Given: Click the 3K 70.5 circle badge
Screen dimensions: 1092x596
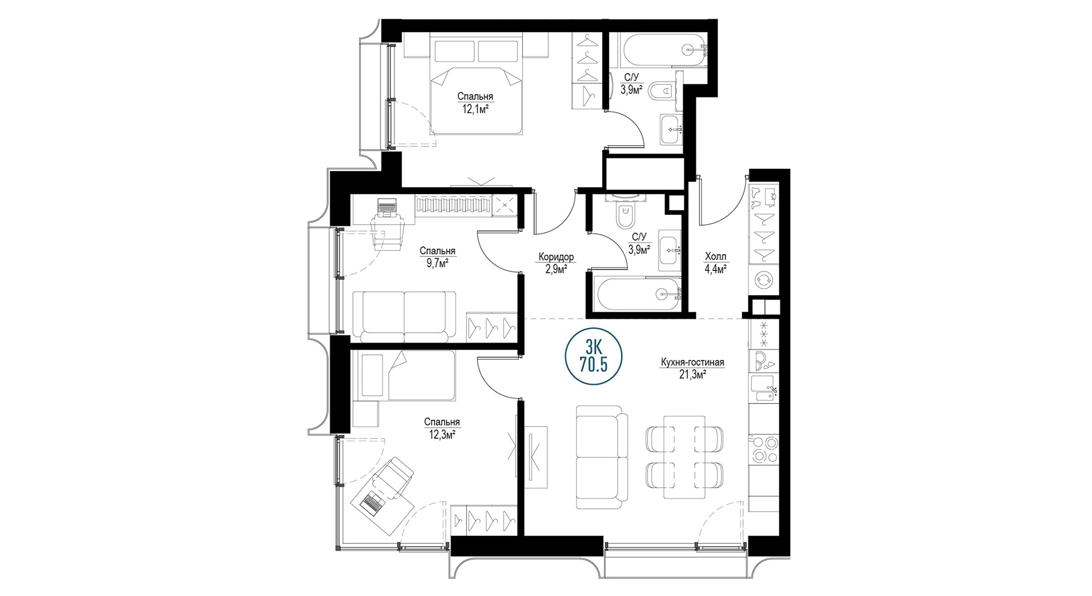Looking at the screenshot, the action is pyautogui.click(x=593, y=356).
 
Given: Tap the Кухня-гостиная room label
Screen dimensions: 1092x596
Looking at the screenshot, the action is pyautogui.click(x=692, y=363).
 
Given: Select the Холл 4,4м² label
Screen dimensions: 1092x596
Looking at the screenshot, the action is pyautogui.click(x=715, y=263).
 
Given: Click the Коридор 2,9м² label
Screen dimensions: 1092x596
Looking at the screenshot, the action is pyautogui.click(x=556, y=263).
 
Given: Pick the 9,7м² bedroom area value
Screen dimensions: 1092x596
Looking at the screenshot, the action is pyautogui.click(x=437, y=263).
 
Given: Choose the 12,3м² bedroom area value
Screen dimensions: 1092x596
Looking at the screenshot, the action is pyautogui.click(x=442, y=435).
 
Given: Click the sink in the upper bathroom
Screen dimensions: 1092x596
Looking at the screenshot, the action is pyautogui.click(x=671, y=130).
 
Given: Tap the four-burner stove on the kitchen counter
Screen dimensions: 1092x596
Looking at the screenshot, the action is pyautogui.click(x=764, y=449).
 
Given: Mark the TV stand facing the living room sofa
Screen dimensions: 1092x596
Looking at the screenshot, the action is pyautogui.click(x=535, y=457).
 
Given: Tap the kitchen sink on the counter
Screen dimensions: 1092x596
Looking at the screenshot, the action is pyautogui.click(x=763, y=388).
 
